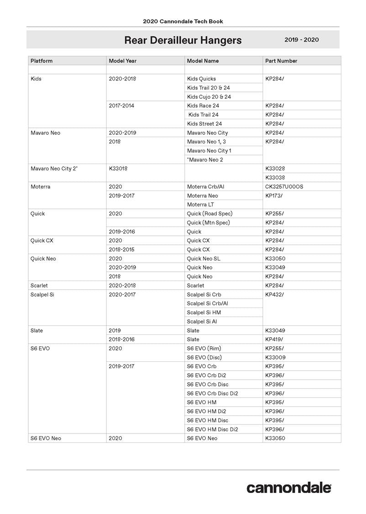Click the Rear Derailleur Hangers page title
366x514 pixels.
183,40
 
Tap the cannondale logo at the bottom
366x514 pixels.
289,488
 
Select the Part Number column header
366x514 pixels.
281,61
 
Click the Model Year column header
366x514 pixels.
122,61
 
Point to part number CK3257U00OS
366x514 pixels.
284,186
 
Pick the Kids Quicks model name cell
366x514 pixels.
201,79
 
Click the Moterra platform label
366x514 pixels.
40,186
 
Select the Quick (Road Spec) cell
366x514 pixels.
209,213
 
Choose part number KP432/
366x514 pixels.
274,295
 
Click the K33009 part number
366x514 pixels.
275,357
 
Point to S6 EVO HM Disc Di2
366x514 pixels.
212,429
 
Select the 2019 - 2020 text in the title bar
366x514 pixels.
302,40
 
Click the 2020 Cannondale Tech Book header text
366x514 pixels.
183,21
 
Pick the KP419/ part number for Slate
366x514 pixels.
274,339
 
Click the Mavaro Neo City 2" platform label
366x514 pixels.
54,169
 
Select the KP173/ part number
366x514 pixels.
274,196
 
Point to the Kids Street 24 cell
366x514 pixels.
204,123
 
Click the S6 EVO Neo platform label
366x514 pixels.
46,438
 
